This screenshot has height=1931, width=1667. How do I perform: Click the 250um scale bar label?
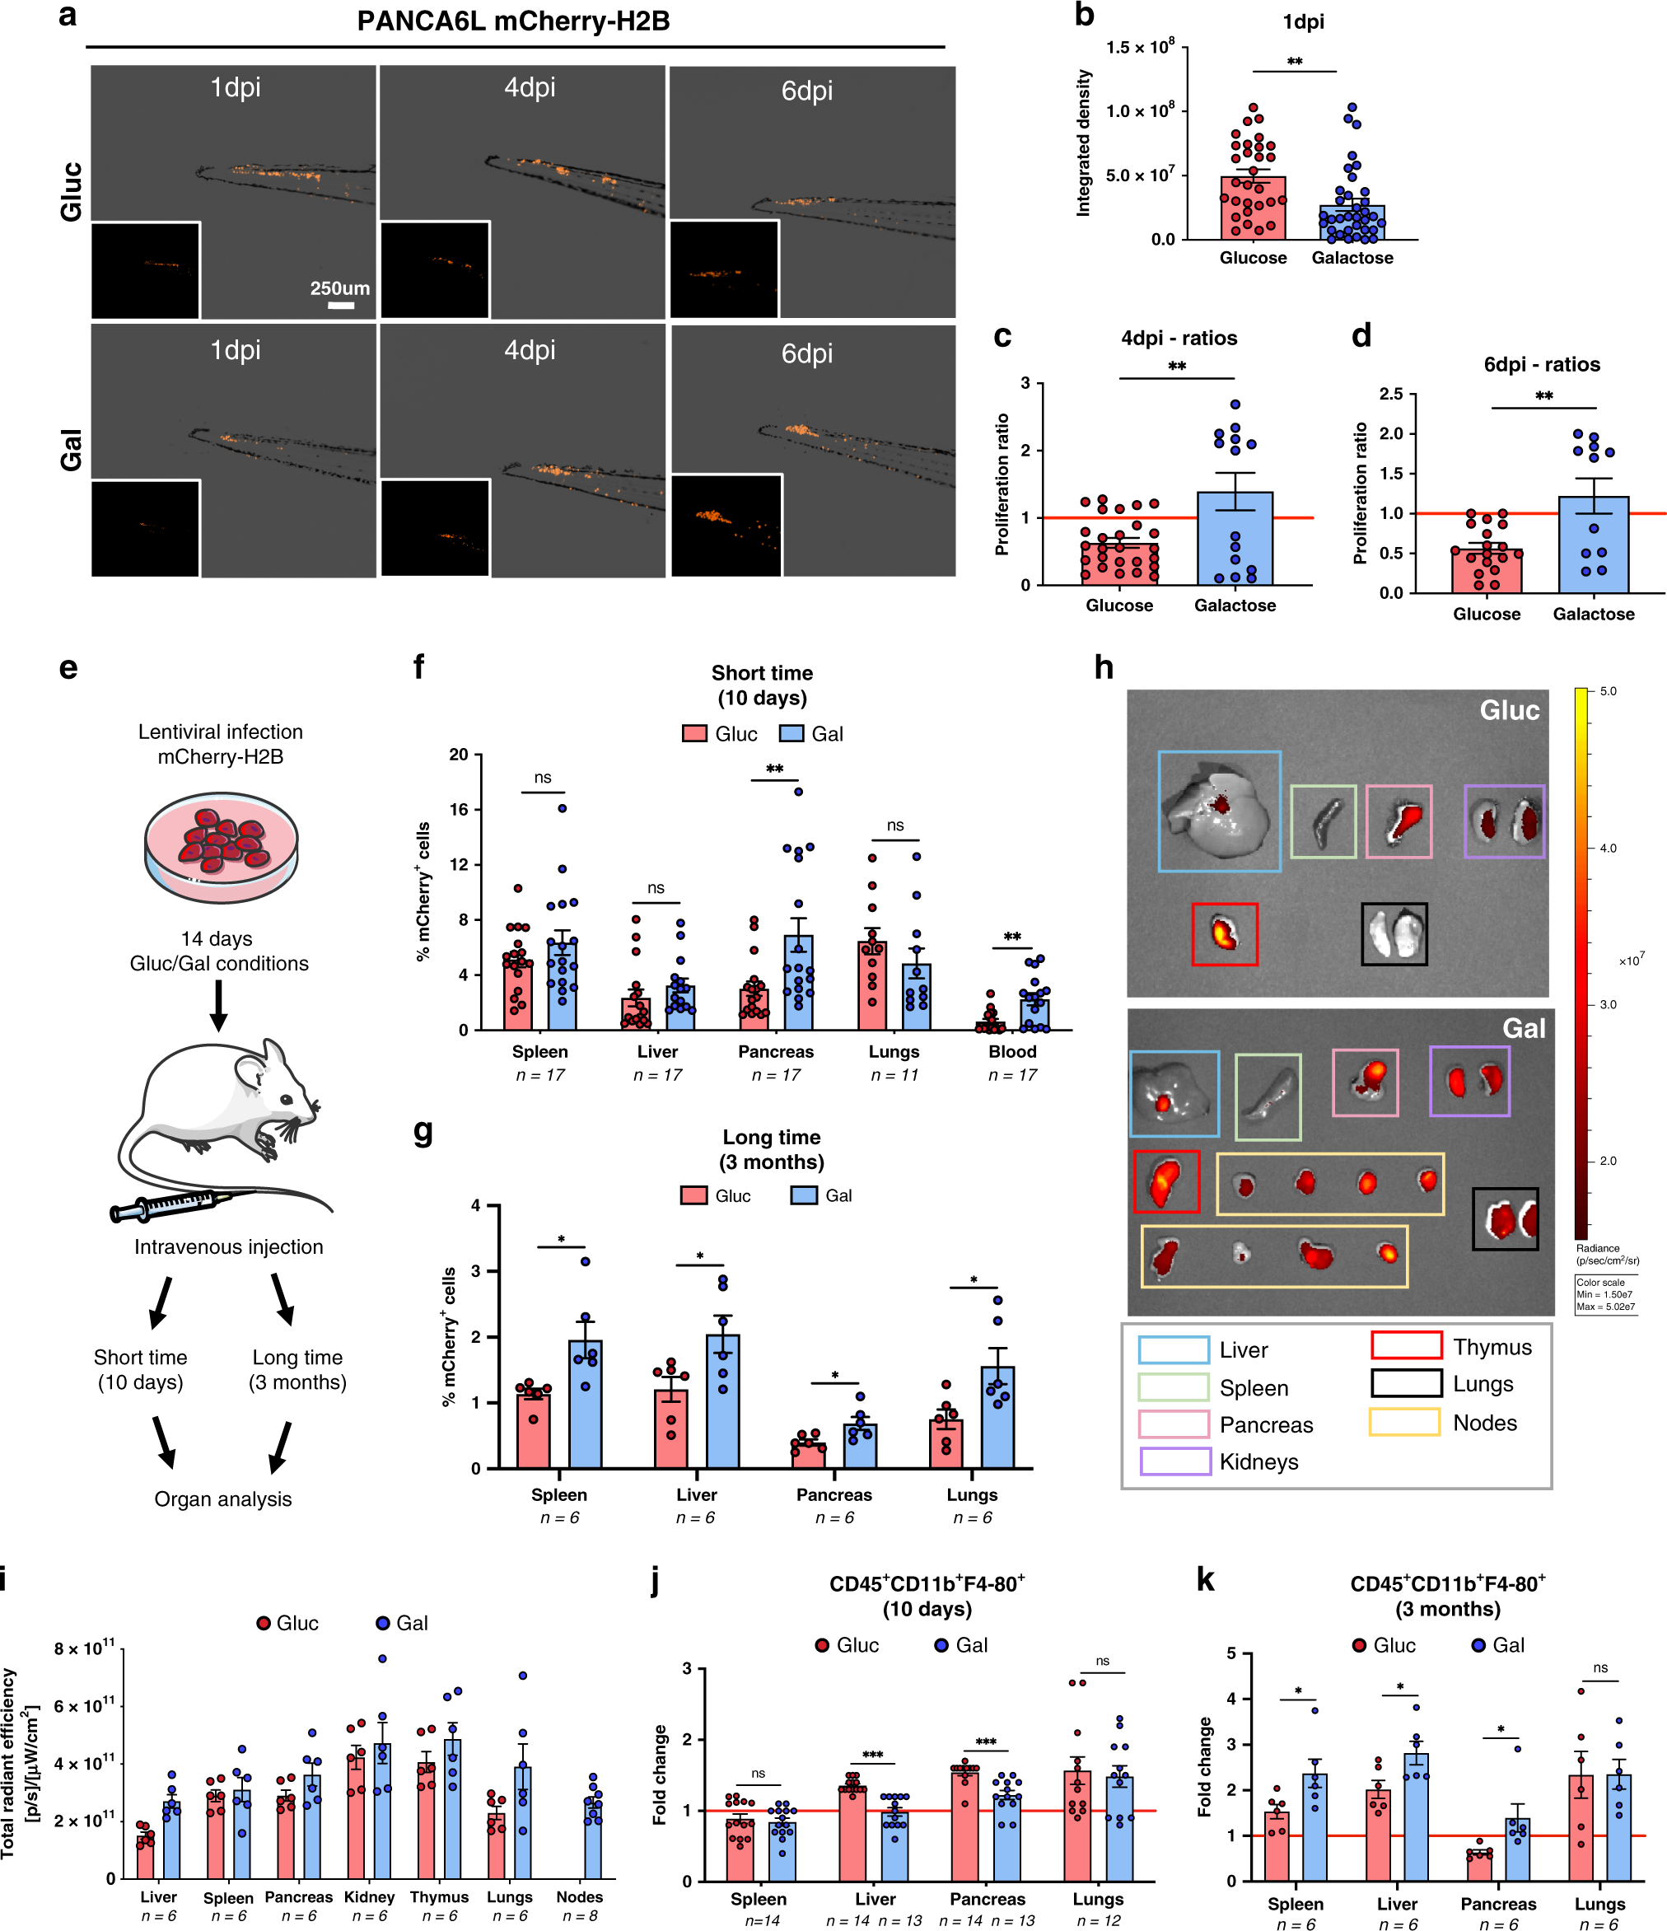tap(339, 288)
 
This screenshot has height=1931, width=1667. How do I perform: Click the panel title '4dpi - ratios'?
tap(1179, 339)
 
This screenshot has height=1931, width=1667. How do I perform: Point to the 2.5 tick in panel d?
tap(1390, 395)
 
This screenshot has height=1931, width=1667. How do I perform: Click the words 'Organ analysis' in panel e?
tap(222, 1499)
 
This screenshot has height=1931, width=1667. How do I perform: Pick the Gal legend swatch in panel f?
tap(791, 733)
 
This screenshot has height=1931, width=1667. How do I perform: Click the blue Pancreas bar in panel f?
tap(797, 983)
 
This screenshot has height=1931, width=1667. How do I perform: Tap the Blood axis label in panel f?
tap(1012, 1051)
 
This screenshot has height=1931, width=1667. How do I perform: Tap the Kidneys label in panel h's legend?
tap(1258, 1461)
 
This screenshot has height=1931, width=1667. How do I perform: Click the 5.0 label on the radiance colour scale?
tap(1608, 690)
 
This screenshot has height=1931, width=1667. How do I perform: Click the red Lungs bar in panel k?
tap(1581, 1827)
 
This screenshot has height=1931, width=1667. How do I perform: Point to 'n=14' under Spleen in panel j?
tap(761, 1921)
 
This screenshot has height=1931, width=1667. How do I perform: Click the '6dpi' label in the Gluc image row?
tap(806, 91)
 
